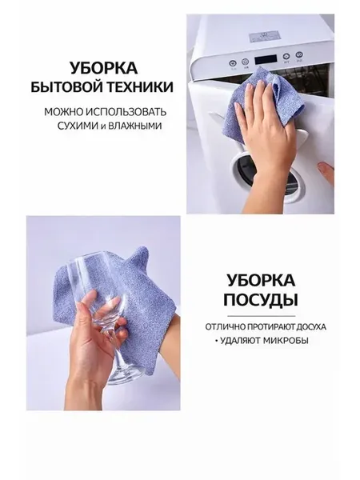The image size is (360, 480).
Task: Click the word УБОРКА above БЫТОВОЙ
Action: [x=104, y=68]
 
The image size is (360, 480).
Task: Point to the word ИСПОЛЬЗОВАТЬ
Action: [x=126, y=112]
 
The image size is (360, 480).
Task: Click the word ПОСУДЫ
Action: [x=261, y=299]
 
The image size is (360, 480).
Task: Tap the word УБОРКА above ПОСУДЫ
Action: [x=261, y=280]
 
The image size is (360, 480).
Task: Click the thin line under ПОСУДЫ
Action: [x=261, y=316]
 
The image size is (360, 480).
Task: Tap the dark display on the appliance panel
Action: [x=266, y=59]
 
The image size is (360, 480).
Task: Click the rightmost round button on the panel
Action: [x=298, y=55]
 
